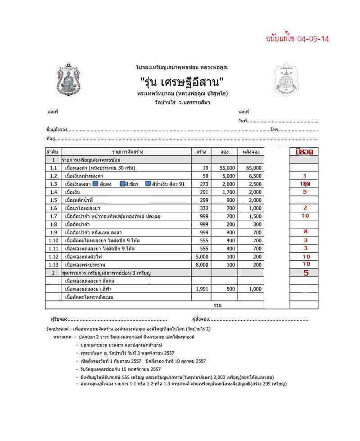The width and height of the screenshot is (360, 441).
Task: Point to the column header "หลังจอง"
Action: click(251, 152)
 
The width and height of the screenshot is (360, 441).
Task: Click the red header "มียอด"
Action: click(304, 152)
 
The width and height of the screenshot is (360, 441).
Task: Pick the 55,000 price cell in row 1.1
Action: click(226, 168)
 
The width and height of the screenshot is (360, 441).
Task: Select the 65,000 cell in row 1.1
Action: click(253, 168)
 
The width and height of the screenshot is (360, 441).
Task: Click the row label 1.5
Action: click(53, 200)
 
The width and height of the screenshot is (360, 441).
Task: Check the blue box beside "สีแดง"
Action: click(95, 184)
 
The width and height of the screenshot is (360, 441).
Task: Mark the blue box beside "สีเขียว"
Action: click(122, 184)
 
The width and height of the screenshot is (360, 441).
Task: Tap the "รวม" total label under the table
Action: click(218, 305)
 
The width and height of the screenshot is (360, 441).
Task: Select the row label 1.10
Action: click(53, 241)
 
